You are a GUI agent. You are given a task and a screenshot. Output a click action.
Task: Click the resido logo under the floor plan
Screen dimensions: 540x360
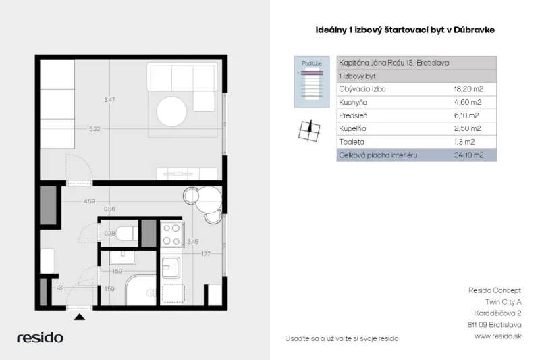click(40, 337)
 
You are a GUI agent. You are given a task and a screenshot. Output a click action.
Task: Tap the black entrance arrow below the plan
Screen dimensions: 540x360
click(80, 317)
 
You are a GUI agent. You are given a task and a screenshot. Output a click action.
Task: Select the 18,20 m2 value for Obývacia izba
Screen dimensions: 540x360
click(468, 89)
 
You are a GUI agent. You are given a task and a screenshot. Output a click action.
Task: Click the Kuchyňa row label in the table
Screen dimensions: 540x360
click(353, 102)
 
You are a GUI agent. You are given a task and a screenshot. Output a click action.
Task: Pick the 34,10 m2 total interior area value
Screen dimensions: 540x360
click(468, 155)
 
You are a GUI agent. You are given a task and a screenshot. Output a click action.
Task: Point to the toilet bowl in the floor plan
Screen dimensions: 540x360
click(126, 233)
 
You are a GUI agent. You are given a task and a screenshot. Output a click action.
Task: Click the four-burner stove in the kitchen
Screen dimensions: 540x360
click(172, 234)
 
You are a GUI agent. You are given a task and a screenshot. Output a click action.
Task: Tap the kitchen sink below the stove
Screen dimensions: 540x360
click(171, 267)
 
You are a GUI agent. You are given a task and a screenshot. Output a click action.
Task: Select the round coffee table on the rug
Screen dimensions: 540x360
click(171, 111)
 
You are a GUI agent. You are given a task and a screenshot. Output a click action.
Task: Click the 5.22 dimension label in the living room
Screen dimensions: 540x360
click(94, 129)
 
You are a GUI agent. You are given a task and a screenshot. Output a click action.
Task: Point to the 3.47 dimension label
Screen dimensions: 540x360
click(109, 100)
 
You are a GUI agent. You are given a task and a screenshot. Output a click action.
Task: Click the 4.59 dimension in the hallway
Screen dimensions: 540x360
click(89, 201)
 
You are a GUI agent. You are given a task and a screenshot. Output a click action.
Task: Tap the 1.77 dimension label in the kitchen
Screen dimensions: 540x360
click(206, 254)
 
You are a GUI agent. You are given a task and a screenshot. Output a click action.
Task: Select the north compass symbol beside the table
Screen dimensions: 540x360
click(309, 130)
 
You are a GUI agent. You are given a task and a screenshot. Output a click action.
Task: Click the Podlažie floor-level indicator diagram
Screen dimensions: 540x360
click(312, 82)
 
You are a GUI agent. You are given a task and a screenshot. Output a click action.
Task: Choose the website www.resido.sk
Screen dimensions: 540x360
click(498, 336)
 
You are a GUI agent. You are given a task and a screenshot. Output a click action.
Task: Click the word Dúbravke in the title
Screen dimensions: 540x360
click(475, 30)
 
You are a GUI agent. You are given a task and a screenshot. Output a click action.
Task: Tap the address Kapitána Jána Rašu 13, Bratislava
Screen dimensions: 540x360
click(394, 63)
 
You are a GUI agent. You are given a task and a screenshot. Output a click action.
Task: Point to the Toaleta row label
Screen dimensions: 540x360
click(351, 142)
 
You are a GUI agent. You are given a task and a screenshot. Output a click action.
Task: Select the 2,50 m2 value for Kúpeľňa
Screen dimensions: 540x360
click(467, 128)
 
